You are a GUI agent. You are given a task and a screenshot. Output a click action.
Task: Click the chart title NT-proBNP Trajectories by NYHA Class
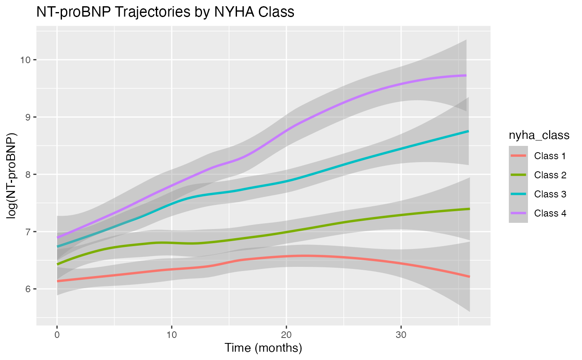(x=165, y=12)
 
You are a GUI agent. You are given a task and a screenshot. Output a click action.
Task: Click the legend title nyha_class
(x=539, y=136)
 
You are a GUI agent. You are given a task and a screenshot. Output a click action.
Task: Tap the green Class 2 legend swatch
(x=518, y=175)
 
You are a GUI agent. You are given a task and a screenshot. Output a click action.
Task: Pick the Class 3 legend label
(x=550, y=194)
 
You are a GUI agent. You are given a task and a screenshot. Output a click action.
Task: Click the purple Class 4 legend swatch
(x=518, y=213)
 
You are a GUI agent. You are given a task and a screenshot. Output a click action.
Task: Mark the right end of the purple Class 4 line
(x=466, y=76)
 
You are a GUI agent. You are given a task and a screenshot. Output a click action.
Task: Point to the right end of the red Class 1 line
(x=469, y=276)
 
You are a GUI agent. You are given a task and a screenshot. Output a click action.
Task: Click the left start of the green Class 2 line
(x=57, y=264)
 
